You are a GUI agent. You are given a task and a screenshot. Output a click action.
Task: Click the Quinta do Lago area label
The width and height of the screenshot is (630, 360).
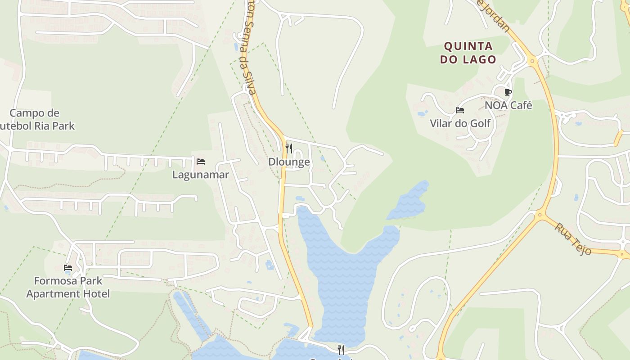coord(468,53)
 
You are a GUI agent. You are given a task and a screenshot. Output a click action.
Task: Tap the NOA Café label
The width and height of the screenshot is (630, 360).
coord(508,105)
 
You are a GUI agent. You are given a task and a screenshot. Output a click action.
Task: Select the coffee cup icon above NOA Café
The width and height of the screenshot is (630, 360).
coord(508,93)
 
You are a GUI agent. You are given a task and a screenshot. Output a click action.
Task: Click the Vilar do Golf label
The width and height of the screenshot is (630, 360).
coord(460,123)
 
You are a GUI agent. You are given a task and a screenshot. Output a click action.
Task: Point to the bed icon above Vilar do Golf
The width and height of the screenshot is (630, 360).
coord(460,110)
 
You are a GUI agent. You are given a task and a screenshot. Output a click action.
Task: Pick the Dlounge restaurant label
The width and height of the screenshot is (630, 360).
coord(289,162)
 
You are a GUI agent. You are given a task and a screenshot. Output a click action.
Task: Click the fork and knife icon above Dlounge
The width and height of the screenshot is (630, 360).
coord(289,148)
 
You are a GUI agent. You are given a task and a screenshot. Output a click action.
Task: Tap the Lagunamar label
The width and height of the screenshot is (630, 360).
coord(201,175)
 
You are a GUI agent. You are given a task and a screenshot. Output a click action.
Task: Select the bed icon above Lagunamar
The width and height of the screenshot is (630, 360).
coord(201,161)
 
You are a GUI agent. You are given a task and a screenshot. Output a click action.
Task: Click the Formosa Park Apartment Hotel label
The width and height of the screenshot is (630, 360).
coord(68,288)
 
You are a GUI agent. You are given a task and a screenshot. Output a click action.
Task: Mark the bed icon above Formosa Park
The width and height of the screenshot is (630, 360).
coord(68,268)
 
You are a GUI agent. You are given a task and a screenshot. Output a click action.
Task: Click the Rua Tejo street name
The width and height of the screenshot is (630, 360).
coord(572,239)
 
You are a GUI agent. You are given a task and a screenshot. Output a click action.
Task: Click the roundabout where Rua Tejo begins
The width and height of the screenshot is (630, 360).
coord(540,216)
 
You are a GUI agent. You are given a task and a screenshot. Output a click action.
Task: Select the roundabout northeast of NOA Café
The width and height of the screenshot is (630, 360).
coord(533,61)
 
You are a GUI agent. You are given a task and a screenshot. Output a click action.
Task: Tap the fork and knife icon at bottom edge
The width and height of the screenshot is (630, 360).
coord(341,350)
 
